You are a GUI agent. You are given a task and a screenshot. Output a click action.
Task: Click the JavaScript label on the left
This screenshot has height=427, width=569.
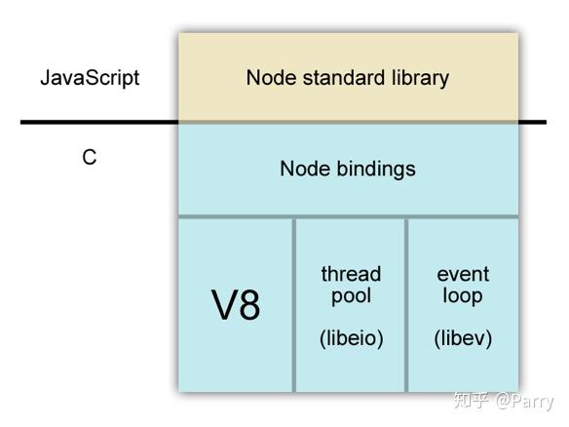90,78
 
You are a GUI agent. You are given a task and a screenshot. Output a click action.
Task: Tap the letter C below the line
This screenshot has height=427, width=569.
90,157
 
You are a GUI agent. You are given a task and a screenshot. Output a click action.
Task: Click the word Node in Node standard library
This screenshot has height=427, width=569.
271,78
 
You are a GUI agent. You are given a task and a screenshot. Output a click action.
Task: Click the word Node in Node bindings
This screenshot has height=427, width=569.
304,169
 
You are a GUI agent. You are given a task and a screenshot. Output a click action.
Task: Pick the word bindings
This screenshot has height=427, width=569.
376,170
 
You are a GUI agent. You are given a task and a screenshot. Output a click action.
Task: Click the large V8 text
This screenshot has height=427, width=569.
236,304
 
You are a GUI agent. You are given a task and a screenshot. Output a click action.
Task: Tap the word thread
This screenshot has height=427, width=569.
351,274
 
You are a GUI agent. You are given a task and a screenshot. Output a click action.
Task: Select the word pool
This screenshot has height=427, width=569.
351,296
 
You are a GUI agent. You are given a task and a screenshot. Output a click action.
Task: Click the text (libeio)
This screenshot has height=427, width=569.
352,338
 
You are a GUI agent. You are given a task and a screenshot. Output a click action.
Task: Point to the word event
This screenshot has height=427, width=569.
463,274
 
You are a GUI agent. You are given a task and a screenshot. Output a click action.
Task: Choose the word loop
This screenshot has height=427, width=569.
463,295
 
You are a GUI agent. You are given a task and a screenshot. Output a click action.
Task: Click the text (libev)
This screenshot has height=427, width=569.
463,338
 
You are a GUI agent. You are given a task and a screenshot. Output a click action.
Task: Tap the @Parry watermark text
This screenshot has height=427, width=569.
525,402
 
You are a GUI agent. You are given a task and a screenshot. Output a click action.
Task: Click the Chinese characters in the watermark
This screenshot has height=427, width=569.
472,400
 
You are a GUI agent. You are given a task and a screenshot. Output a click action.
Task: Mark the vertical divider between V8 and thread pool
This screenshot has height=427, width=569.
293,305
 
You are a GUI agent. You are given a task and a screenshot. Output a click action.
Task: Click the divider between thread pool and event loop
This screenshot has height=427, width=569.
406,305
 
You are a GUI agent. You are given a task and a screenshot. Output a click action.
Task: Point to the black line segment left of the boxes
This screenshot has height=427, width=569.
99,123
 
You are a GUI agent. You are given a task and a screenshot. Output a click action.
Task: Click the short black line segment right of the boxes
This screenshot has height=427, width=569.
532,123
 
